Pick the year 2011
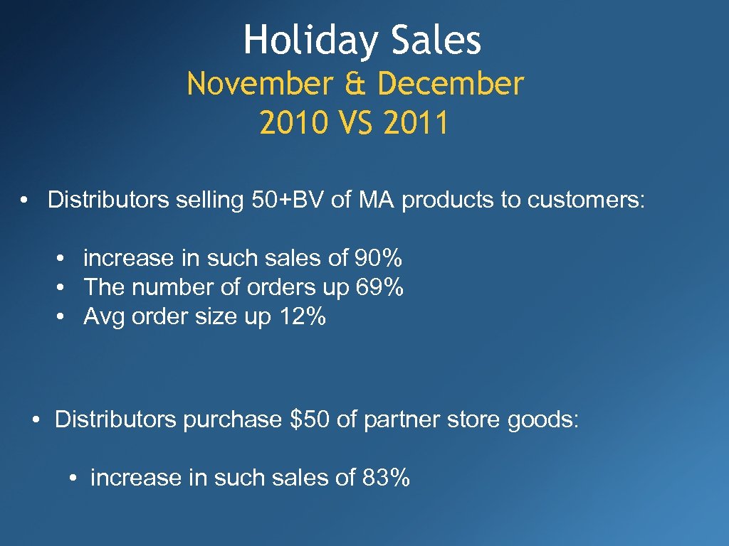[416, 123]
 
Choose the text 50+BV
[288, 200]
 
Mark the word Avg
[103, 317]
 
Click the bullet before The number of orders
[63, 288]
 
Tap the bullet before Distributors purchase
[34, 419]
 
